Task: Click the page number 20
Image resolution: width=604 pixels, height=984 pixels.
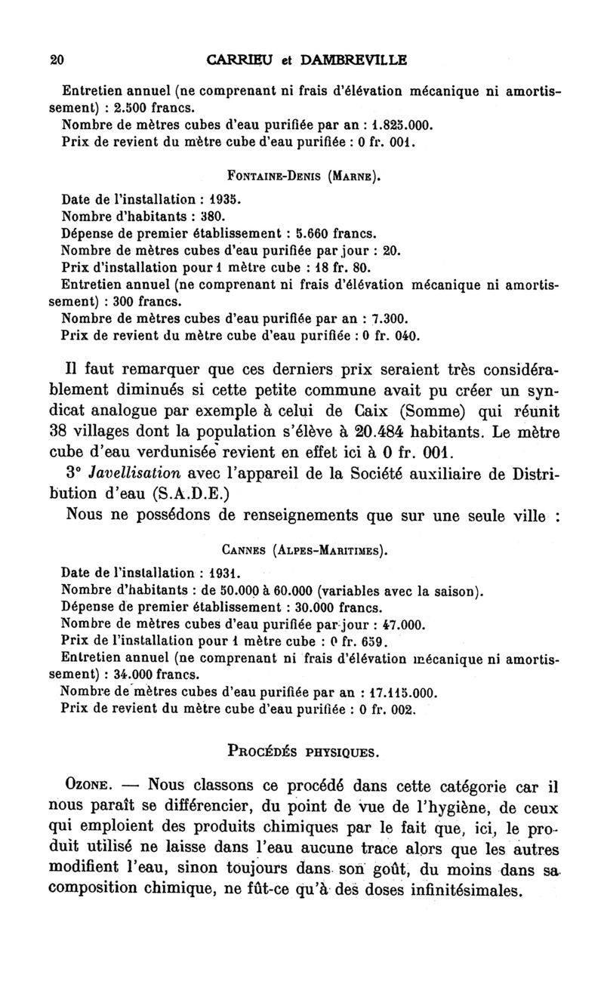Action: (x=54, y=60)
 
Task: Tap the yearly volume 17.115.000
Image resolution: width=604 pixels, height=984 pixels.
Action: (x=399, y=692)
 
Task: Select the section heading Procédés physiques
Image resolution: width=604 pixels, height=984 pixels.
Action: (x=302, y=752)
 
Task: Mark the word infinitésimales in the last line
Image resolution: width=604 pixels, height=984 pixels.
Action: (x=461, y=888)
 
